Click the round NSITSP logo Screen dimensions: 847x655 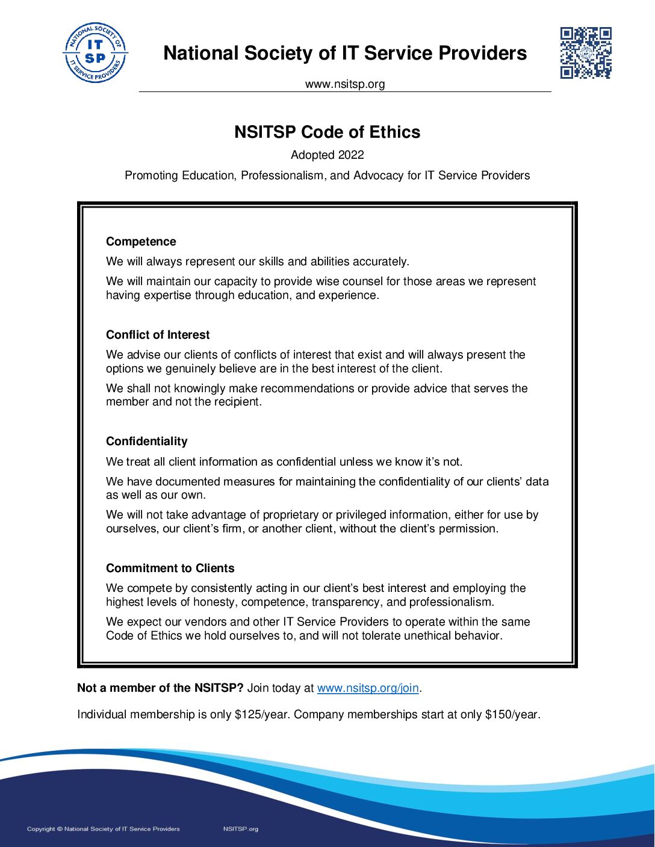tap(95, 53)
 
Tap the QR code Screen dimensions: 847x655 tap(586, 53)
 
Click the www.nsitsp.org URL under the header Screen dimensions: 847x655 tap(345, 84)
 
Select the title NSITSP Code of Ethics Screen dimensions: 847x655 tap(327, 132)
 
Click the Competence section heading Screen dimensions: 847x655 tap(141, 242)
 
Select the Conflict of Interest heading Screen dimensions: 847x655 tap(158, 335)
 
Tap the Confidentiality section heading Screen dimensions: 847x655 tap(146, 442)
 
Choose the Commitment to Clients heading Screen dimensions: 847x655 tap(170, 568)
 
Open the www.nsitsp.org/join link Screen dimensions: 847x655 tap(368, 688)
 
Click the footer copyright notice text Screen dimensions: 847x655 tap(104, 829)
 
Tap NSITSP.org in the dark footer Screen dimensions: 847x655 tap(240, 829)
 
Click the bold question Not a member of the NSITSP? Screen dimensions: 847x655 tap(160, 688)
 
